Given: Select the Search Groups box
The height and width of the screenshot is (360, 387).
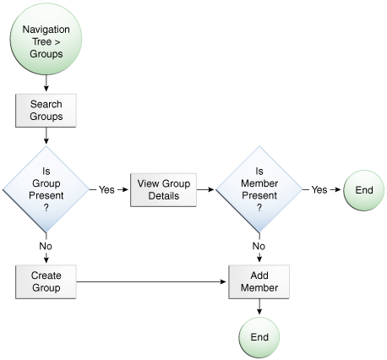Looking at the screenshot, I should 46,109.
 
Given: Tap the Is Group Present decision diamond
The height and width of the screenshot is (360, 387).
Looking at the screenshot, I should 46,189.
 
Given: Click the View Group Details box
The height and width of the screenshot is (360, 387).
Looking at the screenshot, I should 162,190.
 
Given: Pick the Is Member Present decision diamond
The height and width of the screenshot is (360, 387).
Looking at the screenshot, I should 259,189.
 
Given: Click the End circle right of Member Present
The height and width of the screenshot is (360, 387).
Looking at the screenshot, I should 363,190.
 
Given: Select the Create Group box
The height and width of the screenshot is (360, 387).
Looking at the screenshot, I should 46,281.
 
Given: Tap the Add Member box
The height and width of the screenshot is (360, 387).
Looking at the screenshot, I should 259,281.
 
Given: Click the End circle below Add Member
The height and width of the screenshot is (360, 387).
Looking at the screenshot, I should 259,337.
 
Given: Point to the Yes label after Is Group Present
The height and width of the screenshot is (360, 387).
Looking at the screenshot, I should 106,190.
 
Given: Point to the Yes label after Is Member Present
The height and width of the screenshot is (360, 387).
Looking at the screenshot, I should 319,190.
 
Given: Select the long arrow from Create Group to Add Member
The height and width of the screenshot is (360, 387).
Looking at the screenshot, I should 152,281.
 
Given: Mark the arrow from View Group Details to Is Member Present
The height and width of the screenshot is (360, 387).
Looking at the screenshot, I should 205,190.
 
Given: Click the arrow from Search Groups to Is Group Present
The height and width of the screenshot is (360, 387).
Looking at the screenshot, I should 46,135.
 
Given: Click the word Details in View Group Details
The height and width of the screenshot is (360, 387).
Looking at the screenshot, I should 162,196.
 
